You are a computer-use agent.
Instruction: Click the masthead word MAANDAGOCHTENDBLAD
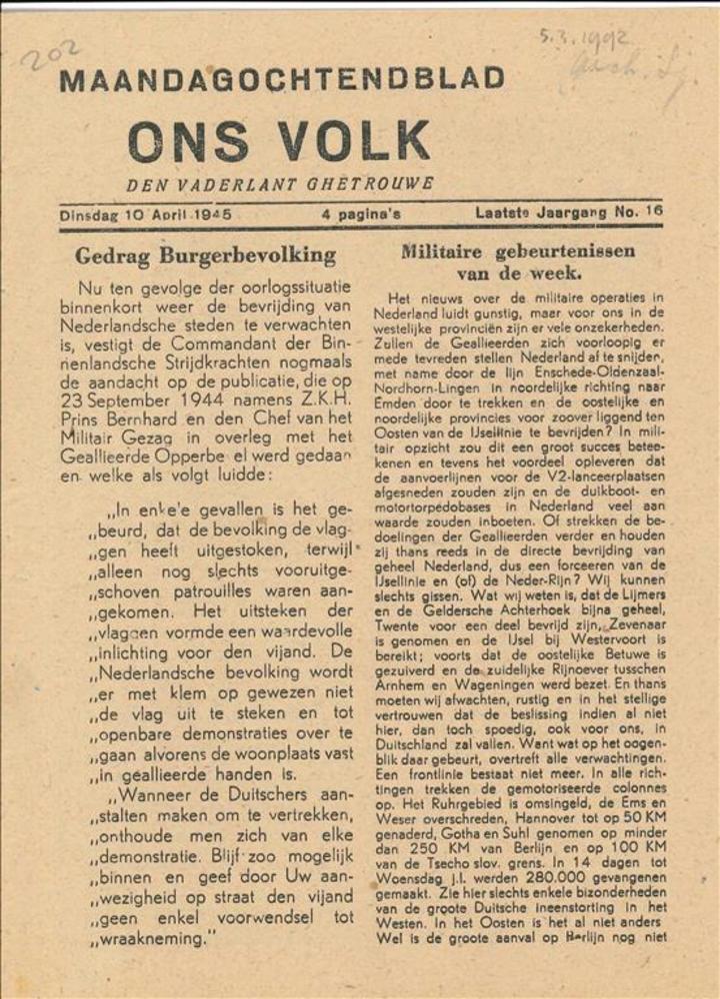(x=282, y=79)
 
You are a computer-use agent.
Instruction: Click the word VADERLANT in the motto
(x=245, y=185)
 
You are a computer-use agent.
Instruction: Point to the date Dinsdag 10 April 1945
(x=152, y=213)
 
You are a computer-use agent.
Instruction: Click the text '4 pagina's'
(x=361, y=213)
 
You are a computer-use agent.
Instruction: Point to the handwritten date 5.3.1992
(x=584, y=41)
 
